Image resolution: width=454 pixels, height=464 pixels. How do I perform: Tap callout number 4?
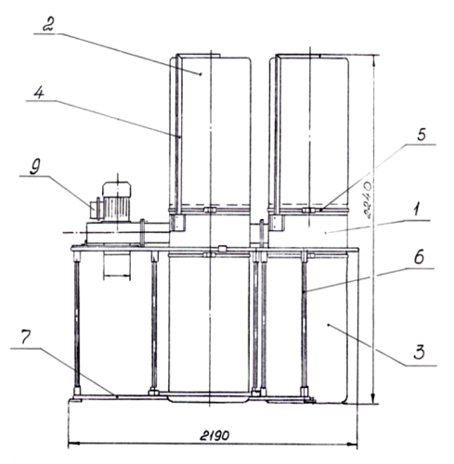[x=39, y=93]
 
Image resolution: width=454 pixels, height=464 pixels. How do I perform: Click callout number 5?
[x=422, y=135]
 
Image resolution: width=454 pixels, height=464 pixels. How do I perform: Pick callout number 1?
[x=417, y=212]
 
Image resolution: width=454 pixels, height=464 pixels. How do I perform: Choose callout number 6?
[x=419, y=257]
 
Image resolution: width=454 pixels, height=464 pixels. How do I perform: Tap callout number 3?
[x=420, y=353]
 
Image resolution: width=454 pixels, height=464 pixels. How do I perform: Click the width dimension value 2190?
[x=214, y=435]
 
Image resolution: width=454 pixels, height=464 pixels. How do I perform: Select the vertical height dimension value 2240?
[x=369, y=200]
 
